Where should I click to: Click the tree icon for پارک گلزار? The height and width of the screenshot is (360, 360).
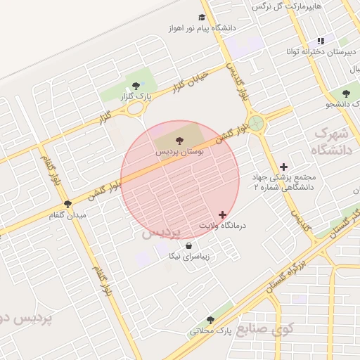click(x=136, y=86)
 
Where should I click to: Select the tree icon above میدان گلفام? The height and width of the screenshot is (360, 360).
click(x=68, y=204)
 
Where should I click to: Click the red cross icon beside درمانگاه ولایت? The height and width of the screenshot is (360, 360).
click(x=223, y=214)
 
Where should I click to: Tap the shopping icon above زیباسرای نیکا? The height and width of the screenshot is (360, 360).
click(x=188, y=246)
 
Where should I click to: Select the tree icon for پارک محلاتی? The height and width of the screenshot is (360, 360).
click(x=210, y=320)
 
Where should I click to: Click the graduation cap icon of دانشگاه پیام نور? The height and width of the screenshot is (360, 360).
click(x=202, y=18)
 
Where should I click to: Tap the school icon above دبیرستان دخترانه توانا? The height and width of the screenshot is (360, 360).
click(x=321, y=41)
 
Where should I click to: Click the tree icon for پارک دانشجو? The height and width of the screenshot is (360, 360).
click(x=345, y=93)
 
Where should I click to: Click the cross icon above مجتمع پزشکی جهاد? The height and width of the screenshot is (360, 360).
click(x=283, y=167)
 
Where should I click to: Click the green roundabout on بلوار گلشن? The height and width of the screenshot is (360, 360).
click(x=257, y=124)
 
